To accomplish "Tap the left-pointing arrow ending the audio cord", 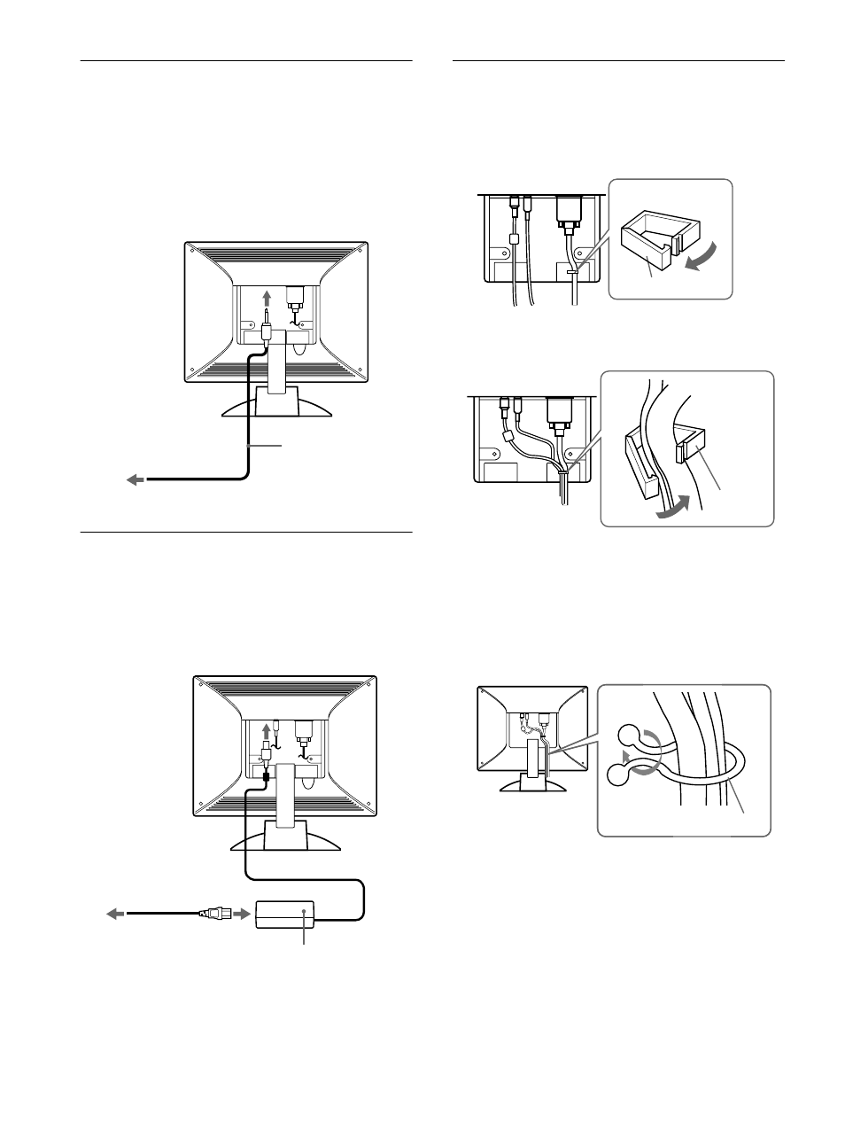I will [134, 479].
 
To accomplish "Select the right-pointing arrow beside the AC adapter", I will [241, 913].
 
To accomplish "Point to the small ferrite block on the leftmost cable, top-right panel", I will [513, 239].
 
